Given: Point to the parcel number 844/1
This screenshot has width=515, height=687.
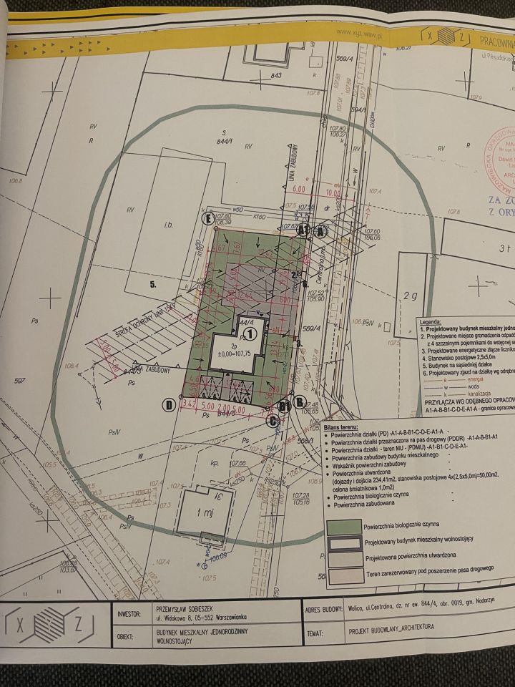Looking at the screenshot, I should [x=227, y=142].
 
